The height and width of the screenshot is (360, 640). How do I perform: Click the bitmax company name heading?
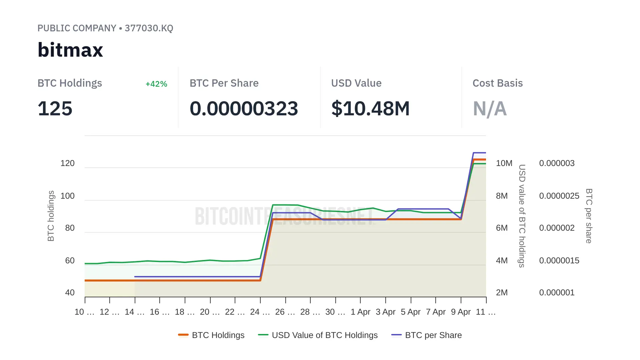point(70,50)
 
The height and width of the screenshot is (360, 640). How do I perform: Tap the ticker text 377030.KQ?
point(149,28)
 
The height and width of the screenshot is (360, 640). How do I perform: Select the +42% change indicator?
point(156,84)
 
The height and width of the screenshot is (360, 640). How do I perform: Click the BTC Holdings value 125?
point(55,109)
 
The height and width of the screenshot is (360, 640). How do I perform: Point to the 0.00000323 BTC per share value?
point(244,109)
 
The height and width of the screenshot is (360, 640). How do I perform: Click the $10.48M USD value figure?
point(370,109)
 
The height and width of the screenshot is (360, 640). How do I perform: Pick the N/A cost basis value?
point(490,109)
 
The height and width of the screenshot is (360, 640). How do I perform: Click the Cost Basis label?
point(498,83)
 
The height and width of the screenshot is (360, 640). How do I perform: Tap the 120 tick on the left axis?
point(67,163)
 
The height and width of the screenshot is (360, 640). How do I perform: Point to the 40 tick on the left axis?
point(70,293)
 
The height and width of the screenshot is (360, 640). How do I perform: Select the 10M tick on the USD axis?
point(504,163)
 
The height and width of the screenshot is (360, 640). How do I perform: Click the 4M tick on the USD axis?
point(502,261)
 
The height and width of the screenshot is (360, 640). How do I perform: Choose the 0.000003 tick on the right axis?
point(557,163)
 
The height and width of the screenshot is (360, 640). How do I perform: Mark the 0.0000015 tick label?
point(559,261)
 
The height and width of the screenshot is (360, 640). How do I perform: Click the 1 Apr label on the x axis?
point(360,312)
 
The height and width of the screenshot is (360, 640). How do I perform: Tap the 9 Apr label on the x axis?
point(461,312)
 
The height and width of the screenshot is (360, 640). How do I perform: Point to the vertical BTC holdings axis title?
point(51,216)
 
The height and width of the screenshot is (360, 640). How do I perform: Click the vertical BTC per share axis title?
point(589,216)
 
